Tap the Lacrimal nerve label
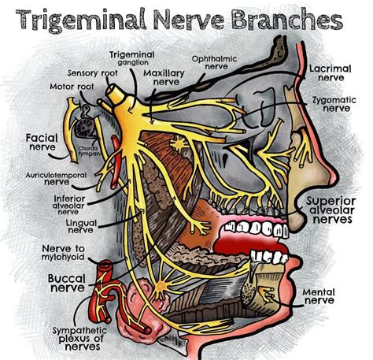pyautogui.click(x=329, y=73)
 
